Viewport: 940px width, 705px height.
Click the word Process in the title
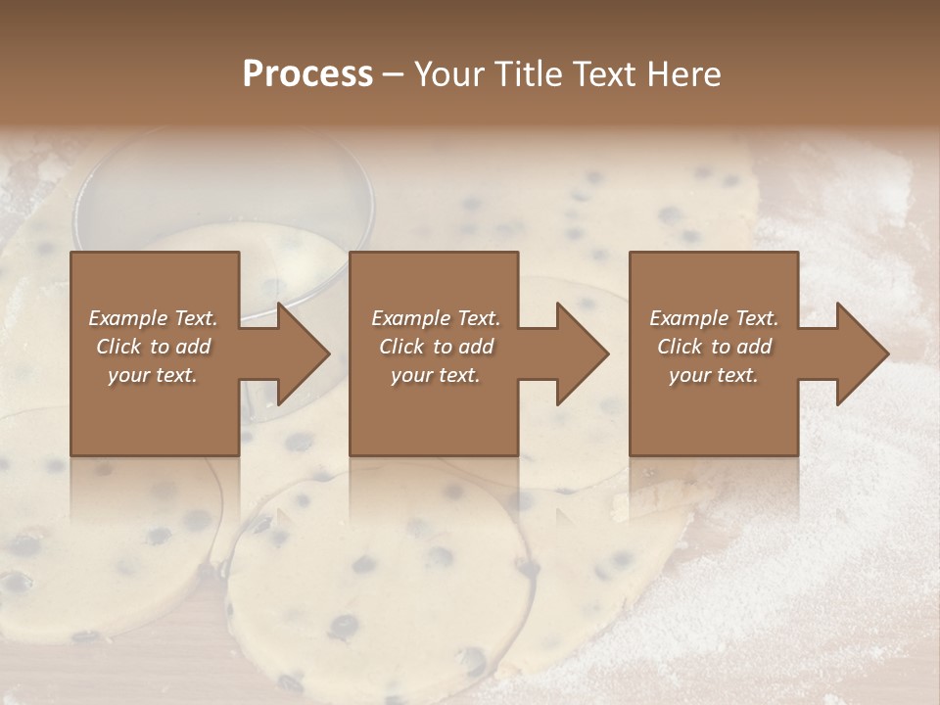[307, 74]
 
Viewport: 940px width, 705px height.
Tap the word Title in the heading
[529, 74]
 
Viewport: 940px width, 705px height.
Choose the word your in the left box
[127, 375]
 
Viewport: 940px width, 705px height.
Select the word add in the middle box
[477, 347]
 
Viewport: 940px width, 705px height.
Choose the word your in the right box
[689, 375]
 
